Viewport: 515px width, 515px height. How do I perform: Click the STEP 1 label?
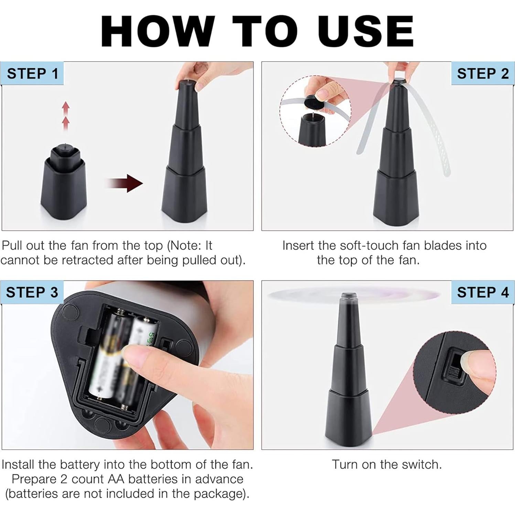pos(32,74)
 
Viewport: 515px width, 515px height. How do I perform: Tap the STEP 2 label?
pos(483,74)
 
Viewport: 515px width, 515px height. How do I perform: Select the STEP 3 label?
pos(32,292)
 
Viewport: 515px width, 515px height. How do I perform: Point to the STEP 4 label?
pos(483,292)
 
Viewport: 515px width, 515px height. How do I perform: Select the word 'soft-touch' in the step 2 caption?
pos(372,246)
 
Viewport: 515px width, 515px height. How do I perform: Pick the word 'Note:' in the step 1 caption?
pos(184,246)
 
